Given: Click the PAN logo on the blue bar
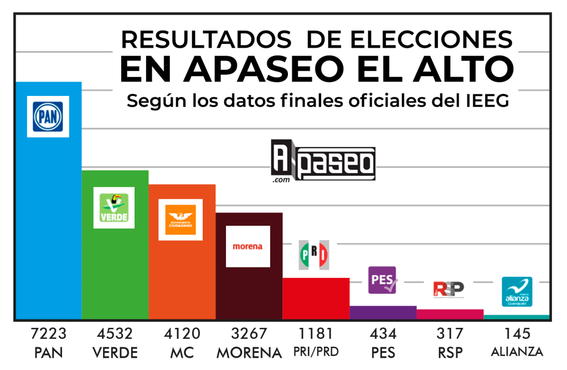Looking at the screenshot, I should (48, 116).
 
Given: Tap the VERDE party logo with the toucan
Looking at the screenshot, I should (114, 207).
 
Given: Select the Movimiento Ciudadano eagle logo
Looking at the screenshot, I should (181, 219).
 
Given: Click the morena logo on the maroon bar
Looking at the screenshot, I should (248, 246).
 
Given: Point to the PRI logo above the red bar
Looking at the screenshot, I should (314, 255).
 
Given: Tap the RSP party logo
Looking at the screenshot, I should (449, 288).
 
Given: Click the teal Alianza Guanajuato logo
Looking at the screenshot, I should (517, 292).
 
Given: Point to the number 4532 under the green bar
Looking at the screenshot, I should (115, 334).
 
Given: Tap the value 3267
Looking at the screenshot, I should (249, 334).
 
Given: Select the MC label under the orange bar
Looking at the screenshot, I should (182, 352).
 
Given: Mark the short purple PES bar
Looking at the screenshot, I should (383, 312).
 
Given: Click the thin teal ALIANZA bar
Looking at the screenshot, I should (517, 317).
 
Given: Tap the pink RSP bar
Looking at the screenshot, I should (450, 314).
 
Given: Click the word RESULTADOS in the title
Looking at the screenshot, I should (207, 39).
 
